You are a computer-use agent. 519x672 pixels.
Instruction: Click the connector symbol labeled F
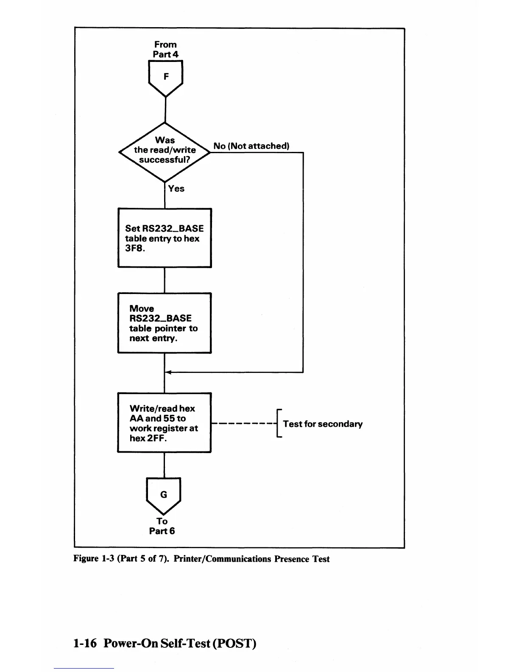[165, 77]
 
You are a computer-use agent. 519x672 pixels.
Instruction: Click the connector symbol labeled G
[163, 495]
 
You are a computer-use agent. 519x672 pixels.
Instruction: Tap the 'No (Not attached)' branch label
[251, 146]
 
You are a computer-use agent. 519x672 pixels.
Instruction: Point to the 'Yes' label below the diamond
[176, 189]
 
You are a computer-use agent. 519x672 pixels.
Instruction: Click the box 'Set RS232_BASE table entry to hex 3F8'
[165, 238]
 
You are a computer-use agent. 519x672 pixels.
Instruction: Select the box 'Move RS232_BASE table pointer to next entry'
[165, 323]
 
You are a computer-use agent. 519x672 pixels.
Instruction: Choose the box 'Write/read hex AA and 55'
[165, 423]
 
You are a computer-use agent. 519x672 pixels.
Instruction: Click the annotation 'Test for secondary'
[322, 424]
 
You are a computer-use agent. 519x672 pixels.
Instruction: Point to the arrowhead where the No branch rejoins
[167, 372]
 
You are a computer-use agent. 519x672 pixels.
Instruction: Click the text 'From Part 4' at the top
[165, 49]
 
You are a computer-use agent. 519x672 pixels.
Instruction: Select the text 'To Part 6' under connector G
[162, 526]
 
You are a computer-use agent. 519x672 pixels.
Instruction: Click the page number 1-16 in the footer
[85, 643]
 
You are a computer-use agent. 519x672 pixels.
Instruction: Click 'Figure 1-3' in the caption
[93, 559]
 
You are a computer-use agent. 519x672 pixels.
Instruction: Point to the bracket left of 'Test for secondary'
[278, 423]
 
